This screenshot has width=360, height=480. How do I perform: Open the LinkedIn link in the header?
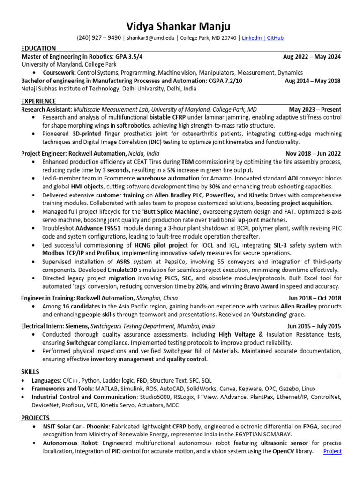[252, 38]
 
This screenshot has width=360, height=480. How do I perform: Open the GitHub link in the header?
[275, 38]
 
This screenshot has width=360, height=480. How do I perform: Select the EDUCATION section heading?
[38, 48]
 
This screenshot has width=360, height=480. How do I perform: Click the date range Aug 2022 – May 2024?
[312, 57]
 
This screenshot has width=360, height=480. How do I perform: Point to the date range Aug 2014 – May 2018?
[313, 81]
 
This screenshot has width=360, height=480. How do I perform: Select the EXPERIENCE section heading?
[39, 101]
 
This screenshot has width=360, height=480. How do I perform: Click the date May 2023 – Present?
[315, 109]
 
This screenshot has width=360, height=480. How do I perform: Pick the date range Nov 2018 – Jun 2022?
[313, 153]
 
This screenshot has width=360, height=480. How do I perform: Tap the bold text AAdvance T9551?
[101, 228]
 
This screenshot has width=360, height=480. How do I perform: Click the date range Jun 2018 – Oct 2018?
[315, 298]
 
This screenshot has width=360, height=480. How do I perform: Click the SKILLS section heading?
[30, 371]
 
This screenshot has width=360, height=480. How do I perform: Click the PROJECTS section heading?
[35, 417]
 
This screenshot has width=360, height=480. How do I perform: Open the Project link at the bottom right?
[332, 451]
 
